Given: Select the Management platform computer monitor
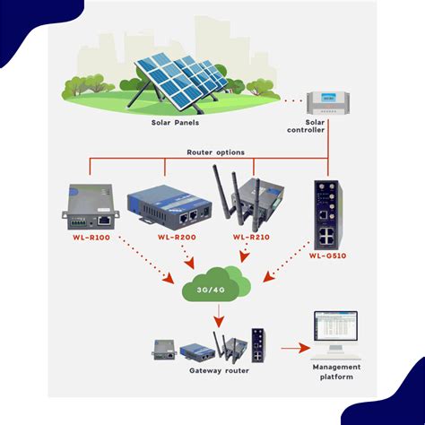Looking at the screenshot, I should tap(335, 334).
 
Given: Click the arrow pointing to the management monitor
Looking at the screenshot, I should tap(291, 346).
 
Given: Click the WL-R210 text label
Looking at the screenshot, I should tap(250, 238).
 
